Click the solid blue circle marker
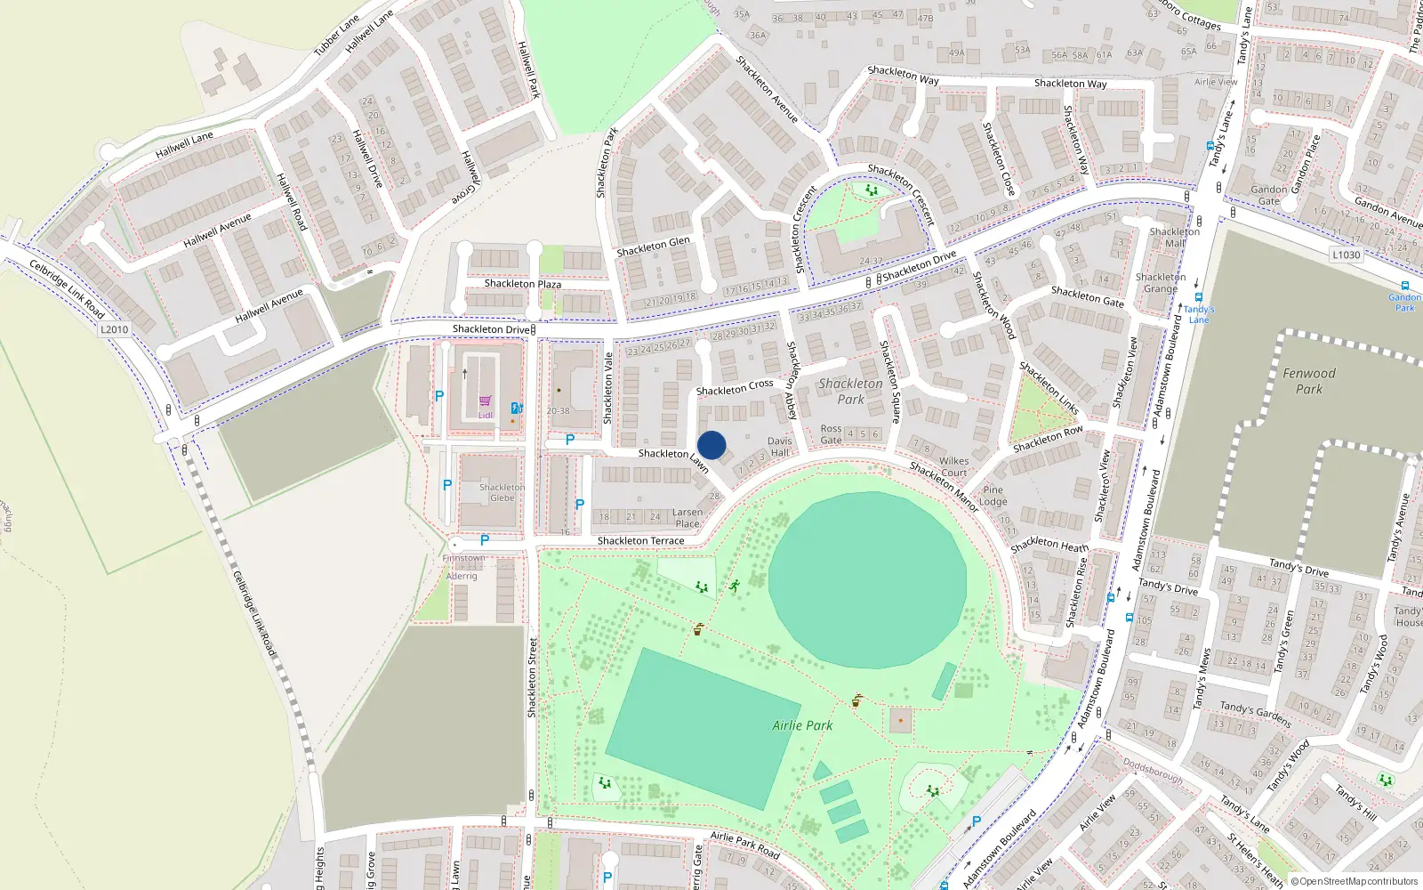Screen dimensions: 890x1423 (711, 445)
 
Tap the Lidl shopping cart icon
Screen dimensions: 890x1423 (485, 401)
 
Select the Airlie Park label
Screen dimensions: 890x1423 (802, 725)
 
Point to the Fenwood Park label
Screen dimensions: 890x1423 (1309, 381)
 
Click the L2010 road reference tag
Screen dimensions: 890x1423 (114, 329)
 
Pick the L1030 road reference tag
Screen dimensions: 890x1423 (1347, 255)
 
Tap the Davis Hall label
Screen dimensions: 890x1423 (780, 447)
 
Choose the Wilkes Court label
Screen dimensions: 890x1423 (953, 466)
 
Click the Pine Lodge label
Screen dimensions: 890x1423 (993, 496)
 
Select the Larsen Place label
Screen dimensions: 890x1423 (687, 518)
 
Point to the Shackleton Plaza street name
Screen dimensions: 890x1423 (523, 284)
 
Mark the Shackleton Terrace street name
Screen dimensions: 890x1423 (641, 541)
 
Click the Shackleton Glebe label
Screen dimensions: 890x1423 (502, 492)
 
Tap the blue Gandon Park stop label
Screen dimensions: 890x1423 (1404, 303)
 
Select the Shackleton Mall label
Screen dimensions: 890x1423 (1175, 237)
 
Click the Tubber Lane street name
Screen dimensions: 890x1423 (336, 36)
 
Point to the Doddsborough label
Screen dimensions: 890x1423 (1153, 771)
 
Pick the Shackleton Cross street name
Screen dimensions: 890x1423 (735, 388)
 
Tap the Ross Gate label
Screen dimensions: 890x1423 (832, 434)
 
